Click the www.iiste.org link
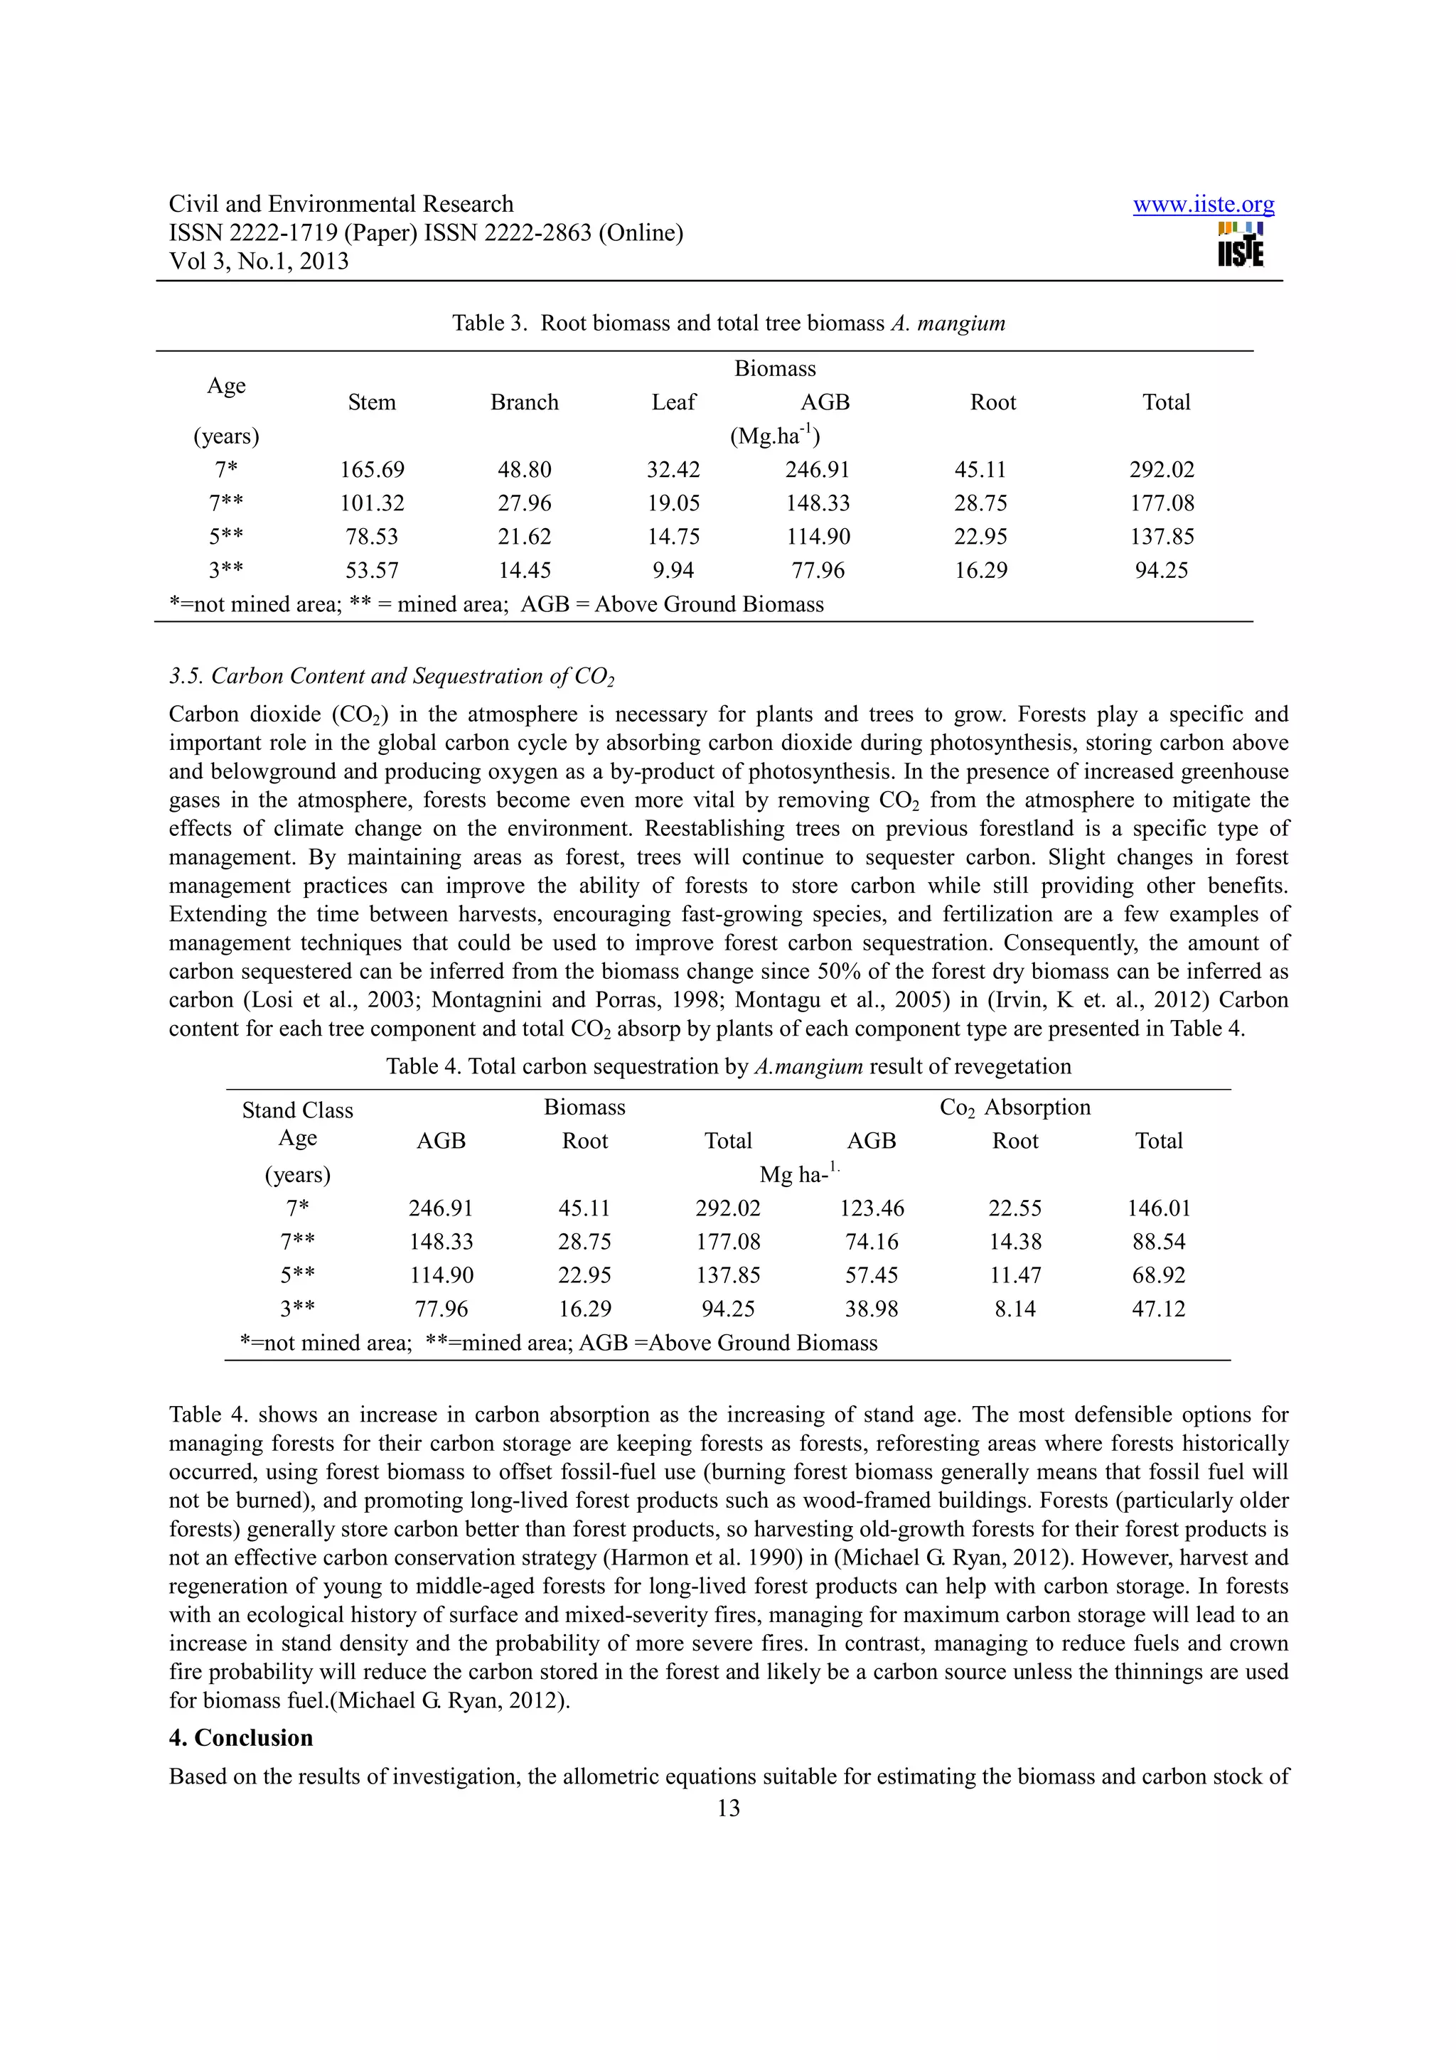pos(1202,205)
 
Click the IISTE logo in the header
pos(1241,244)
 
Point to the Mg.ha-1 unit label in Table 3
pos(774,436)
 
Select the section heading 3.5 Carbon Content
pos(391,677)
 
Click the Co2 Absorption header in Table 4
pos(1015,1107)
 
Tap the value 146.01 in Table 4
pos(1158,1208)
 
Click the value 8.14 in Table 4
pos(1015,1309)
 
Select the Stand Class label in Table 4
pos(298,1111)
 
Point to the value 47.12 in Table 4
pos(1158,1309)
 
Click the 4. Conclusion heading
pos(240,1738)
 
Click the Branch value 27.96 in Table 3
pos(524,503)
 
